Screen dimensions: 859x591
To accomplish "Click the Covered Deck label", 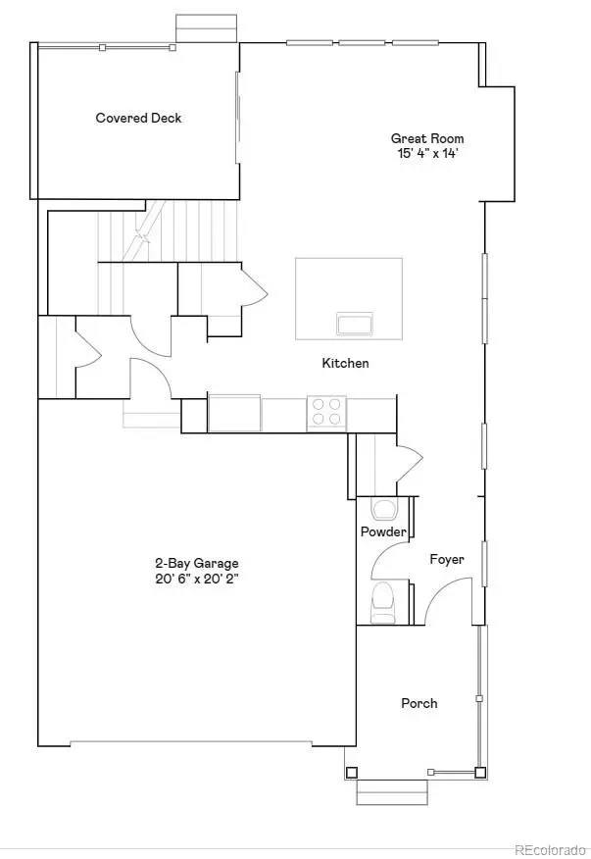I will point(138,119).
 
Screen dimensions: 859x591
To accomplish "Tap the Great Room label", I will point(427,139).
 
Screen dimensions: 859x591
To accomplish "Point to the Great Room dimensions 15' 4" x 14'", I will point(427,153).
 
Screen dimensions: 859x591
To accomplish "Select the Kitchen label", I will point(346,364).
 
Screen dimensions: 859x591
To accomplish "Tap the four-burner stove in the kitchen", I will point(327,410).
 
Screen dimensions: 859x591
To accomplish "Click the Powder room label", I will point(383,531).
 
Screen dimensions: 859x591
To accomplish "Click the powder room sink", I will point(382,510).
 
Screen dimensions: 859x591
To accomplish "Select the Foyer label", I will point(447,560).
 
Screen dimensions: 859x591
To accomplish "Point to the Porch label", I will point(419,704).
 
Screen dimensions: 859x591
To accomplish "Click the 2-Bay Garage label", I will point(197,564).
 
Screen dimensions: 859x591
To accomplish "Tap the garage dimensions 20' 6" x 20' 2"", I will point(197,579).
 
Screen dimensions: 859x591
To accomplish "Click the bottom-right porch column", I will point(480,772).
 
